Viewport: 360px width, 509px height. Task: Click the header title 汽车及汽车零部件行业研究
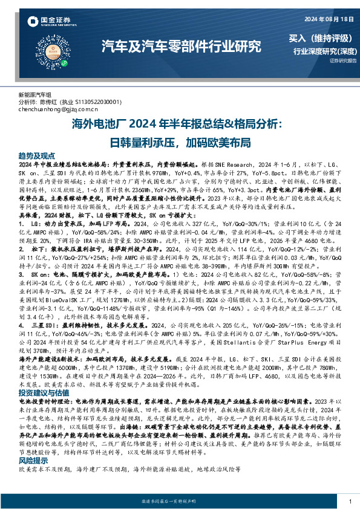(180, 45)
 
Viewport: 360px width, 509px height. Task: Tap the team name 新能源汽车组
(35, 96)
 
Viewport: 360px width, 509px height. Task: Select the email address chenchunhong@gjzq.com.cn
(58, 109)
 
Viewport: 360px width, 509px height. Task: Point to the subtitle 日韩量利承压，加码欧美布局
(180, 142)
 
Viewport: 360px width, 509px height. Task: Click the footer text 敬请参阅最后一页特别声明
(180, 501)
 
